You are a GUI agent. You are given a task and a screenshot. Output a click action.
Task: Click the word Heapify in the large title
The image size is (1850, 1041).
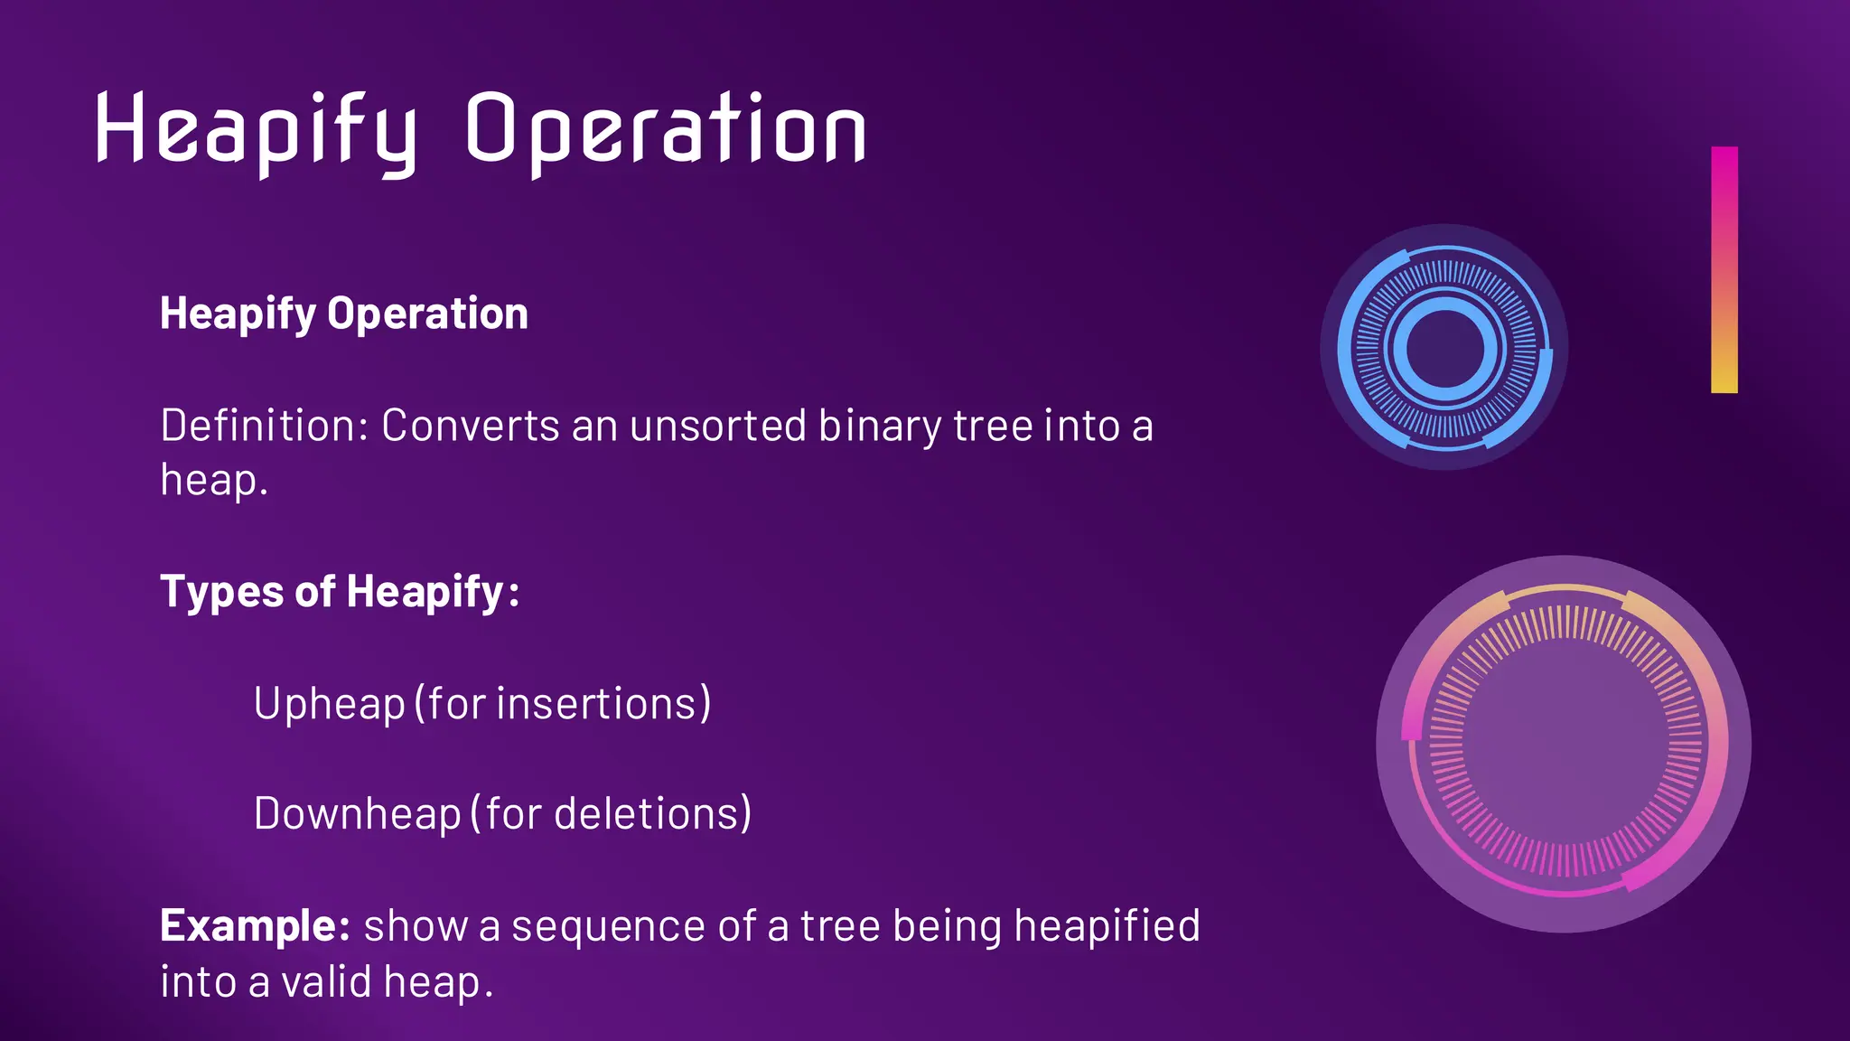256,131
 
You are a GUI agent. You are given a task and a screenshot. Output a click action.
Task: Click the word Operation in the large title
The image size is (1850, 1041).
666,131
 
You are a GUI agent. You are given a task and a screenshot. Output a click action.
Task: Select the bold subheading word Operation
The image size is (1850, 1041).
427,314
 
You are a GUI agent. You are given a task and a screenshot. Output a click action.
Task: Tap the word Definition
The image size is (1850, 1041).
258,425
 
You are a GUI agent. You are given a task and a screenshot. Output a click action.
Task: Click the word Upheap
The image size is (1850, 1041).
329,704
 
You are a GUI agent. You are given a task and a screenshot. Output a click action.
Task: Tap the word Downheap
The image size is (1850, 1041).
357,813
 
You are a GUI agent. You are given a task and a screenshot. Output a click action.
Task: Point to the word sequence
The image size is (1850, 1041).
608,926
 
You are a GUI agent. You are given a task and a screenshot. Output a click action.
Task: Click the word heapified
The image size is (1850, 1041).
1107,926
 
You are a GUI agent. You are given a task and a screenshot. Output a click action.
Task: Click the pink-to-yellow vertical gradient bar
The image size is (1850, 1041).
1724,269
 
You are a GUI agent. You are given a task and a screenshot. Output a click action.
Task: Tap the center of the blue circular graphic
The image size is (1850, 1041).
1444,348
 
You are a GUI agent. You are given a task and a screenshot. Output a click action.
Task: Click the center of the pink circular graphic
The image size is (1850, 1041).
1564,744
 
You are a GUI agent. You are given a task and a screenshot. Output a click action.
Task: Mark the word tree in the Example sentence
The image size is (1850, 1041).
840,926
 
